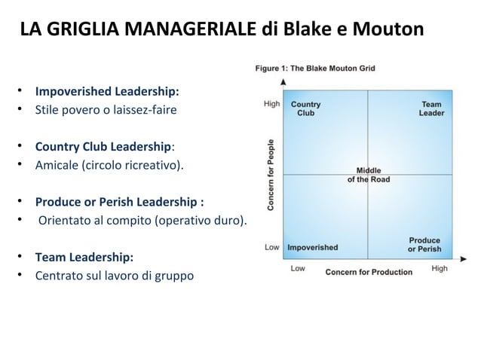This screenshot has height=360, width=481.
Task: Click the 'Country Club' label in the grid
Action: pyautogui.click(x=305, y=108)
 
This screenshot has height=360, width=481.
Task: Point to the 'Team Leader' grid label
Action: pyautogui.click(x=431, y=108)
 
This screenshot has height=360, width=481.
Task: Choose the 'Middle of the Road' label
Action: pyautogui.click(x=368, y=175)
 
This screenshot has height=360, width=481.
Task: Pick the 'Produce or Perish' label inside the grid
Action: pyautogui.click(x=424, y=245)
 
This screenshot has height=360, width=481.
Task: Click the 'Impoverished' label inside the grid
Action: pyautogui.click(x=313, y=247)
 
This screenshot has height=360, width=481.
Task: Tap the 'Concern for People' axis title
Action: pyautogui.click(x=271, y=173)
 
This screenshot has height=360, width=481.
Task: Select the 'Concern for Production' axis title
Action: pyautogui.click(x=369, y=271)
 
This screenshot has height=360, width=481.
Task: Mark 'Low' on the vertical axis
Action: pyautogui.click(x=272, y=247)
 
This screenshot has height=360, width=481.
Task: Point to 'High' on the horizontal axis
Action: pyautogui.click(x=440, y=269)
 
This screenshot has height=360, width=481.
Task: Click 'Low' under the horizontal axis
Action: pyautogui.click(x=298, y=269)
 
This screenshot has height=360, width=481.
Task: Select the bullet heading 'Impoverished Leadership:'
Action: pyautogui.click(x=107, y=93)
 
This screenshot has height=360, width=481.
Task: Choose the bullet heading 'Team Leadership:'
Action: pyautogui.click(x=84, y=256)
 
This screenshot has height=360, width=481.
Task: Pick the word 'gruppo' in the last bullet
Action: pyautogui.click(x=174, y=276)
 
